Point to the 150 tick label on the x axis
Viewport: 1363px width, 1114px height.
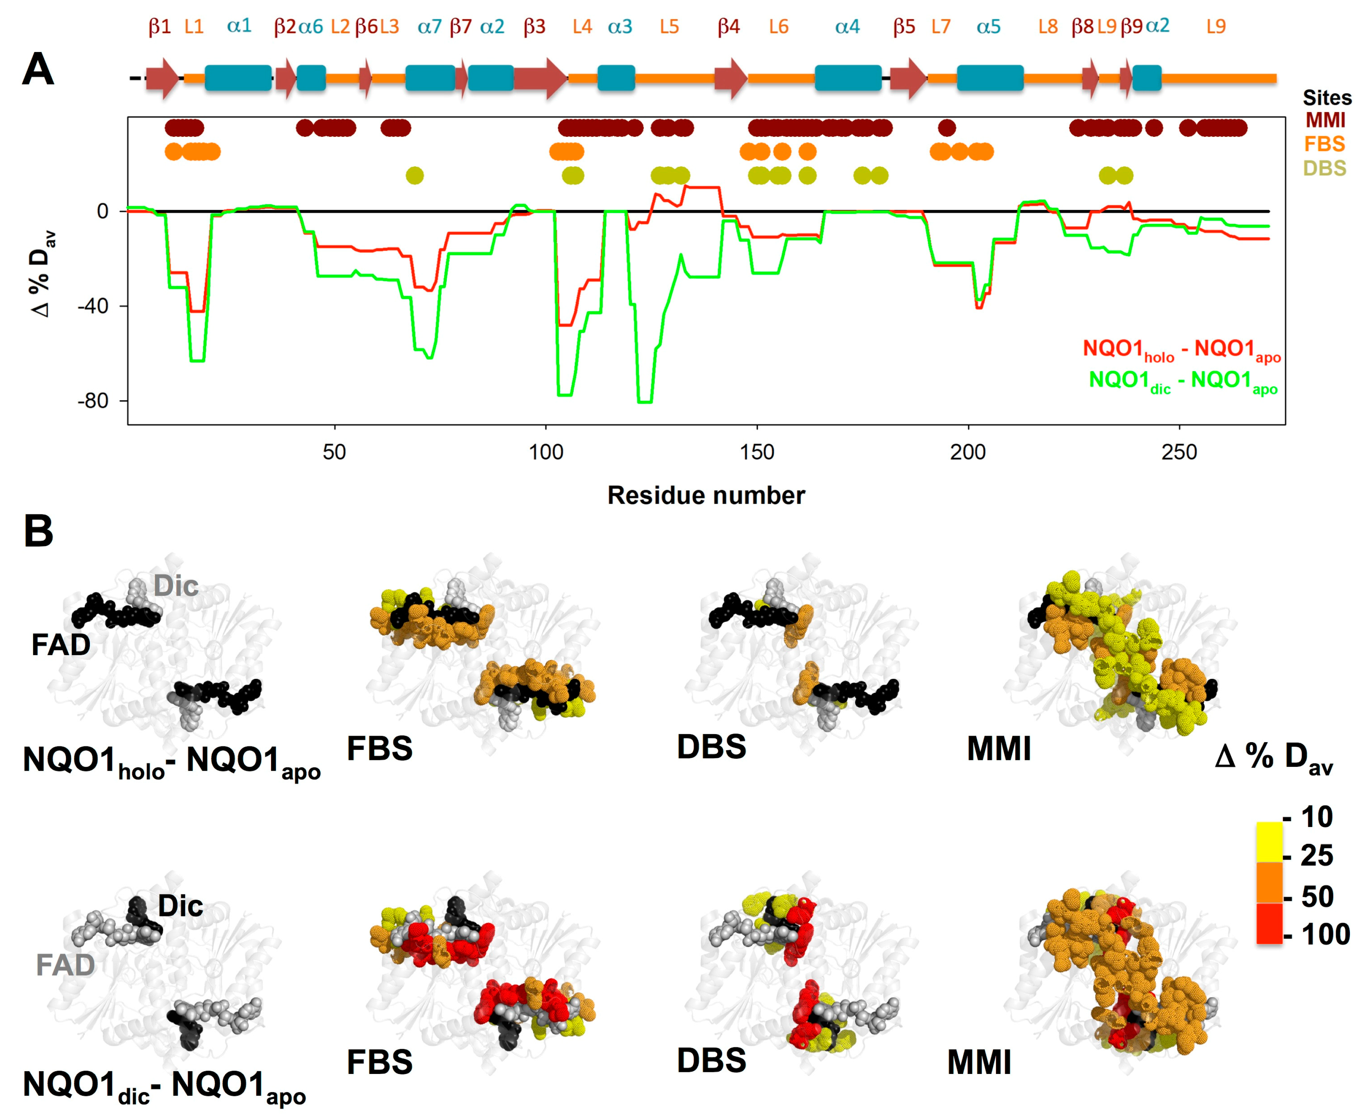tap(757, 452)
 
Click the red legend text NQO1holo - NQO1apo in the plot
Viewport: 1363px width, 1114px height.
tap(1181, 350)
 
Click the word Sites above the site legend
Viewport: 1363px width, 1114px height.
tap(1326, 98)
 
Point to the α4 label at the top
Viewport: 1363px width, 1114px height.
tap(847, 27)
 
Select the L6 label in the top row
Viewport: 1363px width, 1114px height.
tap(779, 27)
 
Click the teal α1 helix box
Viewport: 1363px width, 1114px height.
tap(238, 78)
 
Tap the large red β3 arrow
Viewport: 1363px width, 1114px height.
tap(539, 78)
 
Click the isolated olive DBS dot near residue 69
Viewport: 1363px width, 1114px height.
tap(415, 175)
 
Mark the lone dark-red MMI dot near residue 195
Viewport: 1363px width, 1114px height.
tap(946, 128)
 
